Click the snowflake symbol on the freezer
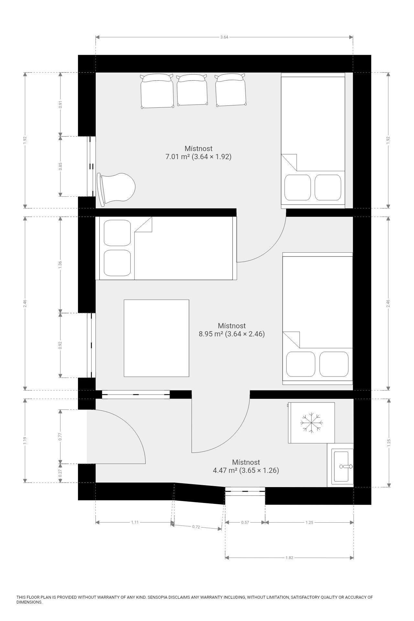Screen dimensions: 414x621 [x=311, y=423]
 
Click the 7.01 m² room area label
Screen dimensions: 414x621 [x=199, y=157]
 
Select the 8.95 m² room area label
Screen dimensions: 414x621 [x=232, y=334]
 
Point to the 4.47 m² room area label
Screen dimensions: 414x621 [x=246, y=470]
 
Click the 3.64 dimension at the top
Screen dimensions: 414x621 [x=224, y=37]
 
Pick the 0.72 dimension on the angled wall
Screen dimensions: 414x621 [x=196, y=527]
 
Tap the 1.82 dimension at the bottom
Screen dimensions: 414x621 [x=289, y=558]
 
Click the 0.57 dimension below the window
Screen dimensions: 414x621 [x=245, y=522]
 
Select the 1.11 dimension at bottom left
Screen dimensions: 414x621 [x=135, y=522]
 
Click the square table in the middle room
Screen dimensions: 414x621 [x=157, y=338]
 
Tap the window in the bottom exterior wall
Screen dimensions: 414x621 [x=245, y=491]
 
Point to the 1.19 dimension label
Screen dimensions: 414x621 [x=25, y=441]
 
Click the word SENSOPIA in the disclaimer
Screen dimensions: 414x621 [x=158, y=597]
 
